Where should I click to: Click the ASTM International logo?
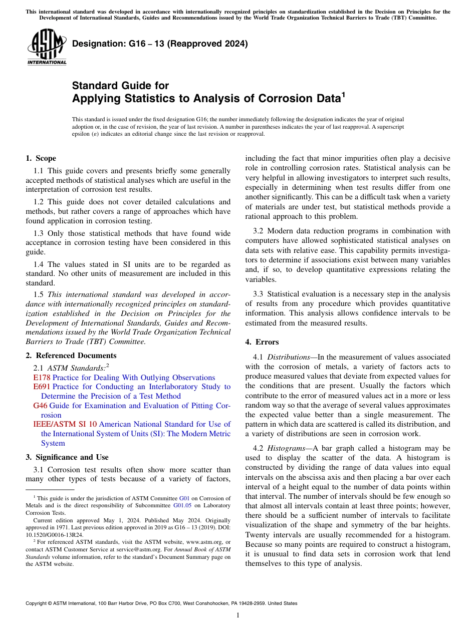(x=47, y=48)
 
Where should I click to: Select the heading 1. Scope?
(x=41, y=159)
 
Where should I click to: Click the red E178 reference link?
(x=42, y=378)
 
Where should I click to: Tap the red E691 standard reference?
(x=42, y=387)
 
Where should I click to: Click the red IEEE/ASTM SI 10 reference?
(x=65, y=424)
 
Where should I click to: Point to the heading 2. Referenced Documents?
(x=71, y=356)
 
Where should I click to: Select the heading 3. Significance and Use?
(x=67, y=457)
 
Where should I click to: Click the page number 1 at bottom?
(x=237, y=615)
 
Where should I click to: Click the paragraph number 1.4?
(x=40, y=264)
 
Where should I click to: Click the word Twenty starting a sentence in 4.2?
(x=257, y=535)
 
